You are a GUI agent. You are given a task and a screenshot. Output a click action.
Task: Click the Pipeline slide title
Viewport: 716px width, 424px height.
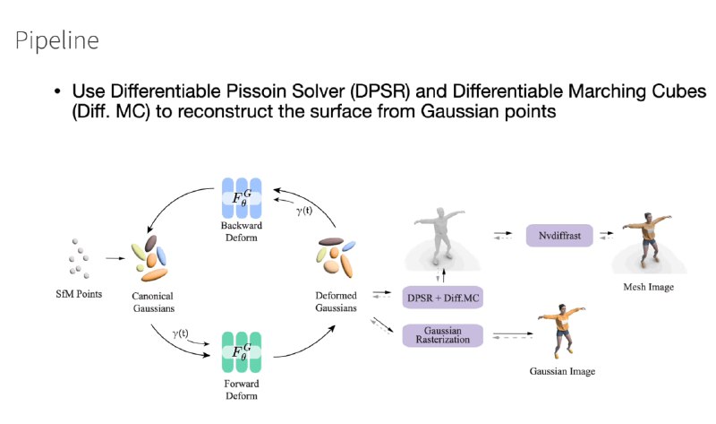tap(57, 40)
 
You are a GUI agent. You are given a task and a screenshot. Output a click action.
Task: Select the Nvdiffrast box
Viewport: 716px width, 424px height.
tap(559, 236)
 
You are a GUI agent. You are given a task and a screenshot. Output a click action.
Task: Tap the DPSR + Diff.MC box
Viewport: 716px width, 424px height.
tap(442, 298)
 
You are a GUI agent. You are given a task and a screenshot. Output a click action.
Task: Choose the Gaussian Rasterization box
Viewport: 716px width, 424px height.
tap(442, 335)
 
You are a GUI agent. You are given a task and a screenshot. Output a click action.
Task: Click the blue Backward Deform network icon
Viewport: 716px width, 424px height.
tap(242, 197)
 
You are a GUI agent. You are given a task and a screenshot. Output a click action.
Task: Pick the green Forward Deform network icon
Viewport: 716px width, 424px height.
tap(242, 351)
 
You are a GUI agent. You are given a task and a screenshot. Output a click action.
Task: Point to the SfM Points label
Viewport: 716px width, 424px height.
tap(79, 294)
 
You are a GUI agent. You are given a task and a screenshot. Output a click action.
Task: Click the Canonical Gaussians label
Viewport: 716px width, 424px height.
tap(153, 302)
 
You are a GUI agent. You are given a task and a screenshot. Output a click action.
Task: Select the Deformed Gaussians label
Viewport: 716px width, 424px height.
tap(337, 301)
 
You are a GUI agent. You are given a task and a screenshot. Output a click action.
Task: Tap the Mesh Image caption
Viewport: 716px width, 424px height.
tap(648, 287)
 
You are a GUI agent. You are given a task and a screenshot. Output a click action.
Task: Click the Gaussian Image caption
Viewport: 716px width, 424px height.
tap(562, 371)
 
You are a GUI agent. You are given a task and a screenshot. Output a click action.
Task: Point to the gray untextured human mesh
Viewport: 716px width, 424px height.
tap(440, 237)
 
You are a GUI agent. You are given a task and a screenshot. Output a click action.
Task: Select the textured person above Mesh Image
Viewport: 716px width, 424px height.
tap(647, 239)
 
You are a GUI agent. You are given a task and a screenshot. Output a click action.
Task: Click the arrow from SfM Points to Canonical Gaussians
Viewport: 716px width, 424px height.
tap(115, 258)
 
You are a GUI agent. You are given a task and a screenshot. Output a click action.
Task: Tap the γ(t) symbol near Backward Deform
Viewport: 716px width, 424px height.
tap(304, 211)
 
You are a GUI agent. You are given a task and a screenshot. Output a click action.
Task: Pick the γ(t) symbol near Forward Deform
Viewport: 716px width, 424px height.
tap(181, 333)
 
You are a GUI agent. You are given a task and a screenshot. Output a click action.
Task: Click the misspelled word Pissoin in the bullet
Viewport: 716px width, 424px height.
tap(256, 91)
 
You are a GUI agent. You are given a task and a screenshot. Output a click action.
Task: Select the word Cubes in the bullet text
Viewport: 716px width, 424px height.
tap(679, 91)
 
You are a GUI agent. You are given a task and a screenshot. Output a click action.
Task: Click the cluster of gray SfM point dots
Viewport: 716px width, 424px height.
tap(79, 258)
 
